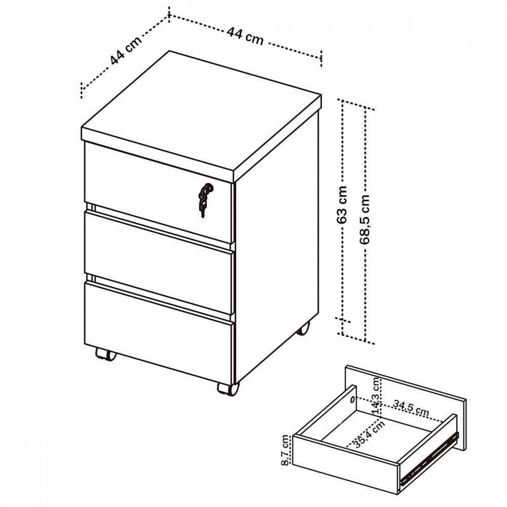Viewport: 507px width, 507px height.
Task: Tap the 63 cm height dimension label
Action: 342,205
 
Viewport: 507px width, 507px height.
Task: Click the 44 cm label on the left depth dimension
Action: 126,50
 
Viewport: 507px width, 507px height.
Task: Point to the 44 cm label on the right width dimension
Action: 245,35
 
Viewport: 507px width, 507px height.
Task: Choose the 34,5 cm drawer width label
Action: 411,408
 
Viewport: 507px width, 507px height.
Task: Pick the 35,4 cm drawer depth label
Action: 369,433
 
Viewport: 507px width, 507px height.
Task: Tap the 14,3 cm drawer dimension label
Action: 376,396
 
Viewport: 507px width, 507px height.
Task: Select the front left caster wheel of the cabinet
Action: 106,354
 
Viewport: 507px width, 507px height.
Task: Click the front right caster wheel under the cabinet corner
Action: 228,389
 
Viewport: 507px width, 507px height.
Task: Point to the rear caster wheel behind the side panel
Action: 303,328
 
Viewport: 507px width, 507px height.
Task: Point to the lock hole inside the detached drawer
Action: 352,401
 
